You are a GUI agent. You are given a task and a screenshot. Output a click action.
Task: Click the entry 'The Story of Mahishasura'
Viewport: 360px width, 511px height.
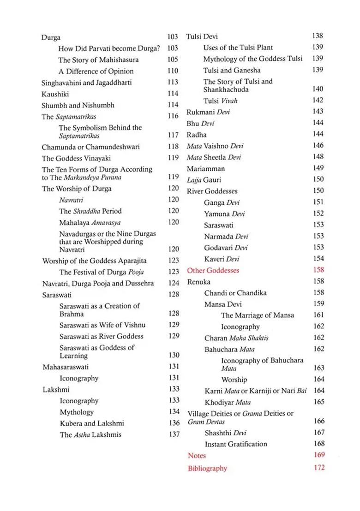tap(98, 60)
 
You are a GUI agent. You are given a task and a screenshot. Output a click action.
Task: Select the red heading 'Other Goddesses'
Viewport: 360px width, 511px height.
tap(213, 270)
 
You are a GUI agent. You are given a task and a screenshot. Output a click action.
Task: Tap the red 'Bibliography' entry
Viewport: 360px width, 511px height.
tap(207, 468)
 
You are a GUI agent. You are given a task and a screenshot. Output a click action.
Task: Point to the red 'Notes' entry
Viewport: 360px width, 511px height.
tap(196, 455)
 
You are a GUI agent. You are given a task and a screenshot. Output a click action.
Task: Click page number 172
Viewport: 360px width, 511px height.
tap(319, 468)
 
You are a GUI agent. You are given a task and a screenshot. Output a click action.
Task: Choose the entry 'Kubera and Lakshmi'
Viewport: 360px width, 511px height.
tap(92, 423)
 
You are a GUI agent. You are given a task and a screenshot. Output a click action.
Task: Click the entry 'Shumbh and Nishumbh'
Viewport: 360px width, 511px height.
tap(78, 105)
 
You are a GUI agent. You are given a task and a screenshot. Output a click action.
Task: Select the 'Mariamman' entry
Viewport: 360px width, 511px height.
tap(205, 169)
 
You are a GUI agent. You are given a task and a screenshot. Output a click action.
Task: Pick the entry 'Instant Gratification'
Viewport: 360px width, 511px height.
tap(236, 444)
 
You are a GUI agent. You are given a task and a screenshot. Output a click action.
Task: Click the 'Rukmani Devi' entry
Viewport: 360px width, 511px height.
tap(208, 112)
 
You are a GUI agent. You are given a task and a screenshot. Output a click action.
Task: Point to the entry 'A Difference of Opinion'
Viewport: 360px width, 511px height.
tap(96, 71)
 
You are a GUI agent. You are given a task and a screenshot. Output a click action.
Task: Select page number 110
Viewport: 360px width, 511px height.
tap(173, 71)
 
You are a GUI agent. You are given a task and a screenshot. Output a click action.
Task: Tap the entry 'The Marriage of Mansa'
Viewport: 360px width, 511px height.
tap(258, 315)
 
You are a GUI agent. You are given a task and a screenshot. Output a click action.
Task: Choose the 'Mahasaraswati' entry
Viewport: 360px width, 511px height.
tap(66, 367)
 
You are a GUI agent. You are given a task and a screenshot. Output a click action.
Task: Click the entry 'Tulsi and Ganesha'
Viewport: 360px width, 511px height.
tap(232, 70)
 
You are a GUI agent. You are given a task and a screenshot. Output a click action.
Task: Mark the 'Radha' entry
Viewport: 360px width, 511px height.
tap(197, 135)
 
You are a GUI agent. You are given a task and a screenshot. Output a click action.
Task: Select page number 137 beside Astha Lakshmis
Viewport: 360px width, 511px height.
tap(174, 434)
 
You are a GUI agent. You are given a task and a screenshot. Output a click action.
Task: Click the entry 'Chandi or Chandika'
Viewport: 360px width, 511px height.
tap(235, 293)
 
